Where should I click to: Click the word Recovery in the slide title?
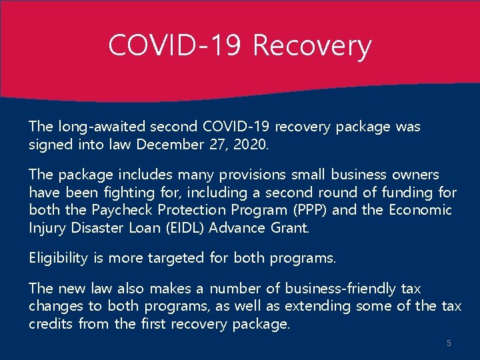[312, 47]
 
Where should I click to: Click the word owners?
[414, 175]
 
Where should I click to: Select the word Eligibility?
[58, 258]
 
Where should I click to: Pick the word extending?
[317, 307]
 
